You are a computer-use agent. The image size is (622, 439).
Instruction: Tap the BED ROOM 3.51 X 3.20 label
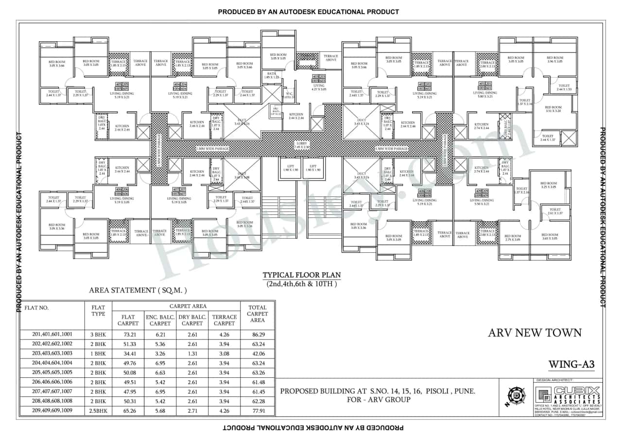pos(553,109)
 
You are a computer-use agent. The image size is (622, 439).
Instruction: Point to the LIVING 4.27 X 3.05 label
pos(318,88)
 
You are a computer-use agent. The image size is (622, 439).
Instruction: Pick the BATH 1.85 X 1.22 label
pos(272,75)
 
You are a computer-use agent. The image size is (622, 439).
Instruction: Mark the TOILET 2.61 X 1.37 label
pos(554,212)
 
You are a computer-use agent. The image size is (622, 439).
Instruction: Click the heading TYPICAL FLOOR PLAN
pos(301,275)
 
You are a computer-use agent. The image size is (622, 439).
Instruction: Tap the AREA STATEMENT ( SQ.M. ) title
pos(138,291)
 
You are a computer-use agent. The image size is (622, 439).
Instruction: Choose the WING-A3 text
pos(571,364)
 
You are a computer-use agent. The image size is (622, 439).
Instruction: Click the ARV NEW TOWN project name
pos(535,333)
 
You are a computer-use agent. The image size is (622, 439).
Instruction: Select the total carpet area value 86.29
pos(257,335)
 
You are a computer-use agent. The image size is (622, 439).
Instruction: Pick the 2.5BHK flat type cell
pos(98,411)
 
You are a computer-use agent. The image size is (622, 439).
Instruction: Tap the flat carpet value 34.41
pos(128,354)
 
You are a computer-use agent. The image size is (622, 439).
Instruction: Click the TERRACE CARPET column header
pos(224,320)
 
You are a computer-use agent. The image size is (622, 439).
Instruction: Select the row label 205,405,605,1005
pos(52,373)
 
